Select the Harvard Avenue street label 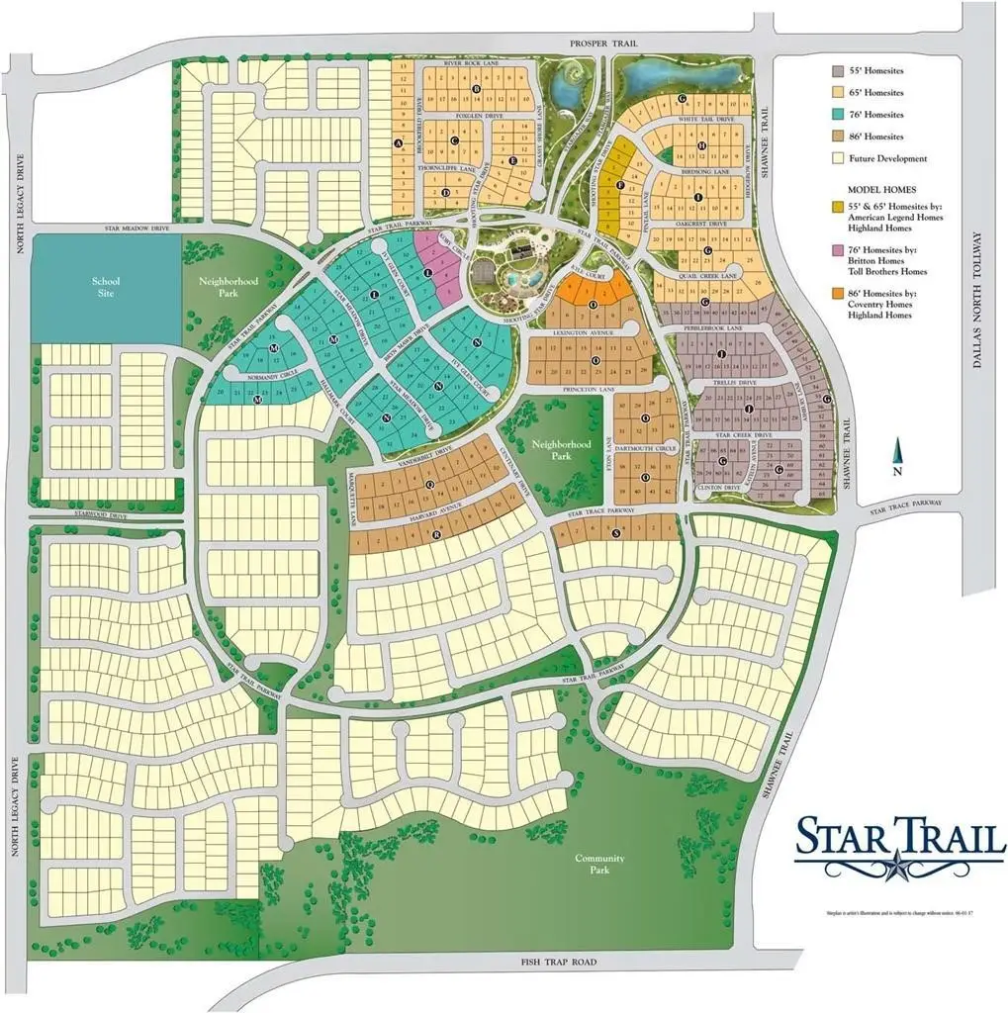pyautogui.click(x=438, y=509)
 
